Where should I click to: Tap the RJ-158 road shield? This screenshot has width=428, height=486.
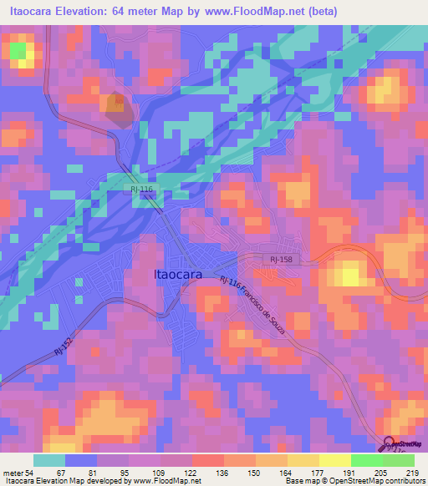tap(281, 261)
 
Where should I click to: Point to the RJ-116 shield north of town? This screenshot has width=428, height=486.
tap(142, 190)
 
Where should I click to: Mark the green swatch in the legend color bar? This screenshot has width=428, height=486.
tap(366, 460)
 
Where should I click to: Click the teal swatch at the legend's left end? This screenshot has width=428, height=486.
tap(48, 460)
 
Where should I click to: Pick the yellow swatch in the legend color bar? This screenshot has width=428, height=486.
tap(334, 460)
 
